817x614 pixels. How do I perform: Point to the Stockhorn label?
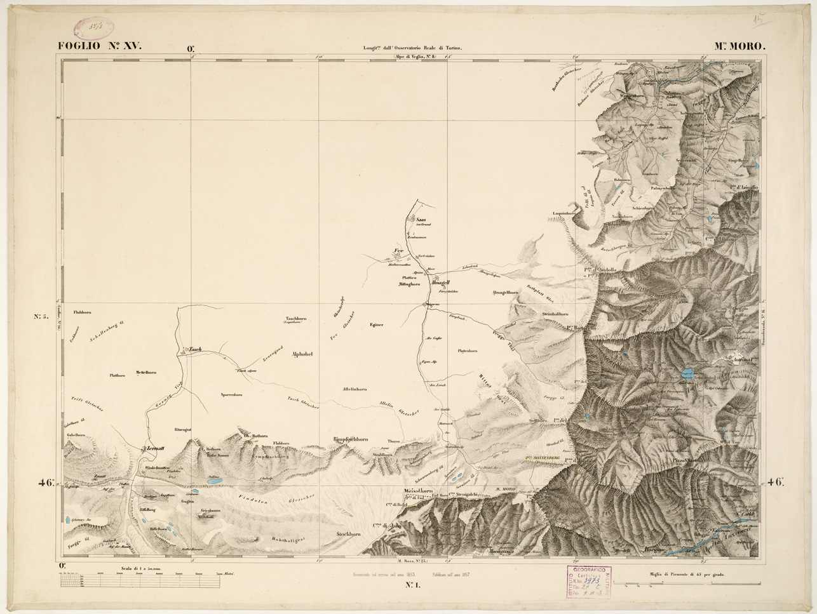click(349, 535)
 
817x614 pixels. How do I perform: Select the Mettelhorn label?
click(146, 373)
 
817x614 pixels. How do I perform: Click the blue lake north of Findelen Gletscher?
click(212, 483)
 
